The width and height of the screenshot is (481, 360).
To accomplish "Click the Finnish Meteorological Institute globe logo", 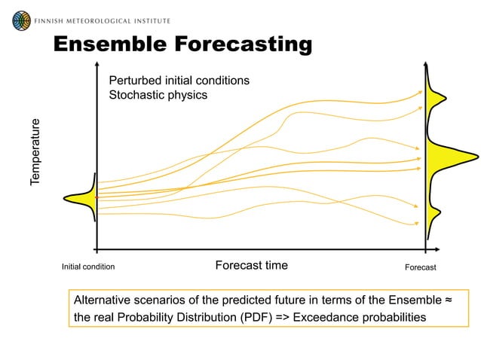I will pos(22,20).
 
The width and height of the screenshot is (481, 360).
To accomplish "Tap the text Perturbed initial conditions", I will pos(179,81).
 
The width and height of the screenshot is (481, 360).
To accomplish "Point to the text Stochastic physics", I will pos(158,95).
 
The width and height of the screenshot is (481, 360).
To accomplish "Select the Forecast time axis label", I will pos(251,265).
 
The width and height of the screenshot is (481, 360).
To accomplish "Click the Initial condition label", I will pos(88,267).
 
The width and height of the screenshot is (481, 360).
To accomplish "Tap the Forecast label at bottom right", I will pos(420,267).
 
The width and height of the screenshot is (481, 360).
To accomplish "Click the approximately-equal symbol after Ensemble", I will pos(448,300).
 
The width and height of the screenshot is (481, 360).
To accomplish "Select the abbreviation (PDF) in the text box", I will pos(253,317).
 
